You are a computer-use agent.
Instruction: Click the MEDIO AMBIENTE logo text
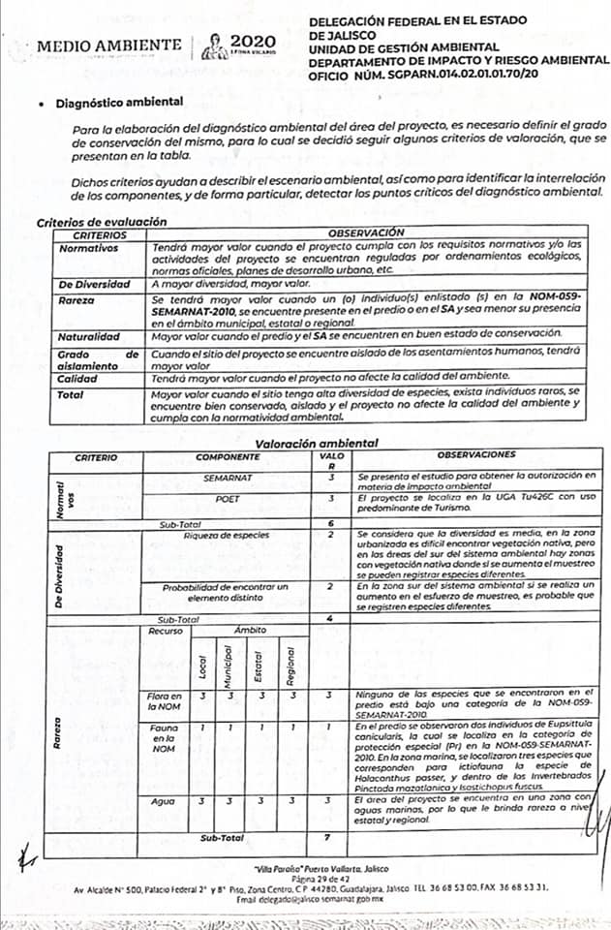pyautogui.click(x=108, y=46)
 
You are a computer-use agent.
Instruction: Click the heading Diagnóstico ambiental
pyautogui.click(x=120, y=100)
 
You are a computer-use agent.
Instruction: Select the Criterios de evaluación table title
pyautogui.click(x=95, y=222)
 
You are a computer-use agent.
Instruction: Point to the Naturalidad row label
pyautogui.click(x=88, y=336)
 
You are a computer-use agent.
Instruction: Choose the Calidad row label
pyautogui.click(x=79, y=380)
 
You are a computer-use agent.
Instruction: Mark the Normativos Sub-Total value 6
pyautogui.click(x=331, y=522)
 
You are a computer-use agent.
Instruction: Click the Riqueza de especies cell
pyautogui.click(x=227, y=536)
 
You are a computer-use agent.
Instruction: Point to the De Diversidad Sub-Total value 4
pyautogui.click(x=331, y=618)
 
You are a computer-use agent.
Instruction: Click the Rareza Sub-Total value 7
pyautogui.click(x=331, y=836)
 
